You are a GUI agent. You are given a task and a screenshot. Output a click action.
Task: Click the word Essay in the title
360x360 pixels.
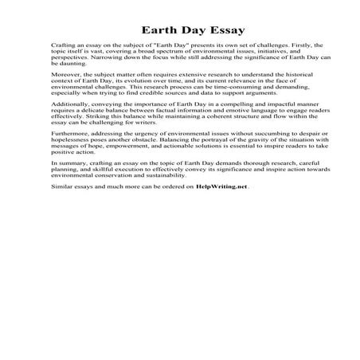click(x=211, y=30)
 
